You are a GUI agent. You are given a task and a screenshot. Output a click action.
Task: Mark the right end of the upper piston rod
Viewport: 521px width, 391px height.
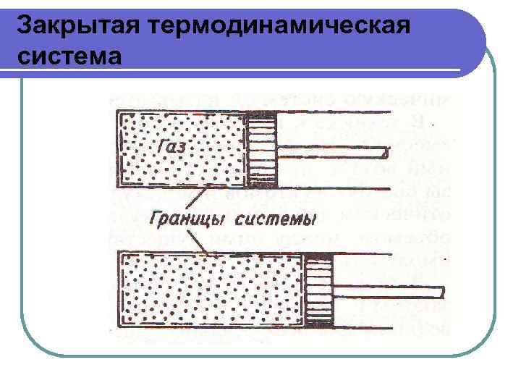tap(387, 153)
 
